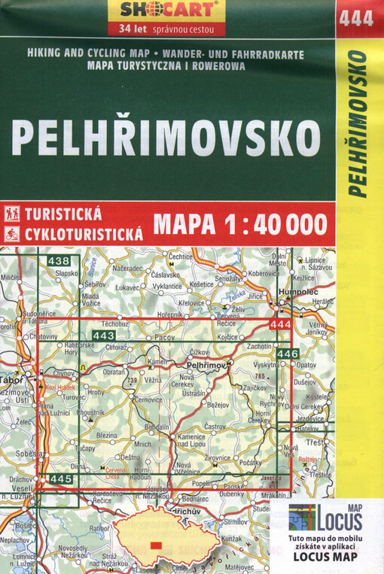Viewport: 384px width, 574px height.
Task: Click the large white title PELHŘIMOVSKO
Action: point(166,138)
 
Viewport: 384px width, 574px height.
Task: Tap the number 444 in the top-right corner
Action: point(357,19)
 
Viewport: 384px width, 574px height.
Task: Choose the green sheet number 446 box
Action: point(288,354)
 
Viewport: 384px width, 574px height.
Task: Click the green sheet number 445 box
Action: point(59,478)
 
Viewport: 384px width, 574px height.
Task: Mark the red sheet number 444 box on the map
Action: point(279,324)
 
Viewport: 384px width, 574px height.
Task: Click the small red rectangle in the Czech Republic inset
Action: point(157,544)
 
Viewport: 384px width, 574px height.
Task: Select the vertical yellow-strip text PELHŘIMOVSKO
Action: point(358,124)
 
